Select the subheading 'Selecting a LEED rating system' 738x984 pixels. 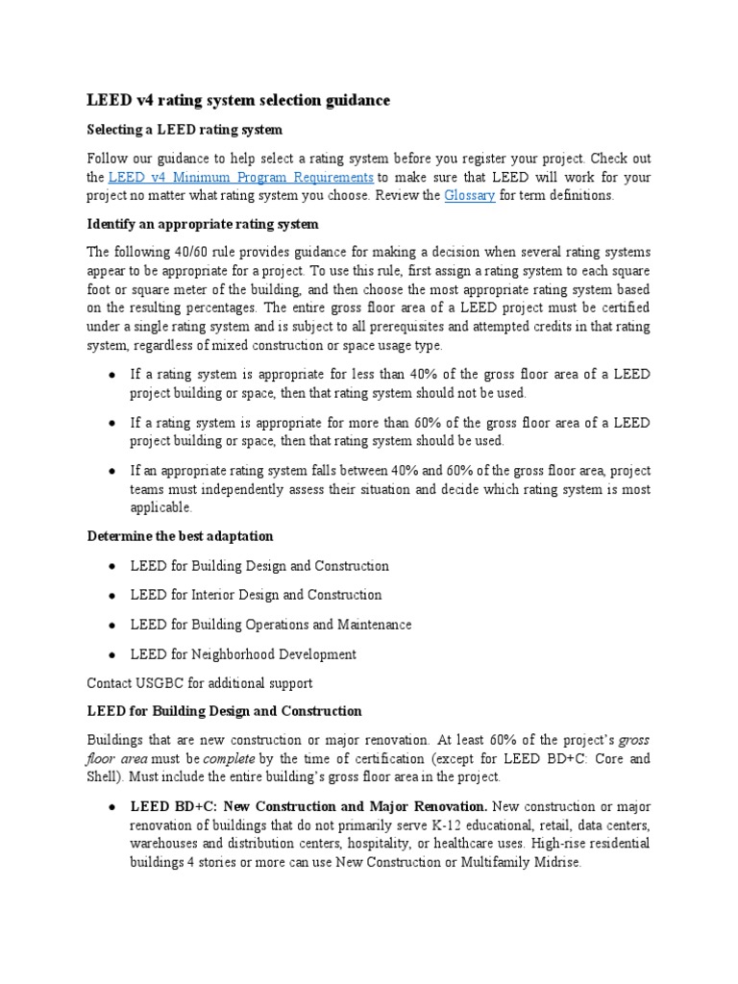pos(184,130)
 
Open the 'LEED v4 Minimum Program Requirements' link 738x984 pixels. pos(241,177)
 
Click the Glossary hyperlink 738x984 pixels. pos(469,195)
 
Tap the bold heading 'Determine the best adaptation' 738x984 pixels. pos(180,535)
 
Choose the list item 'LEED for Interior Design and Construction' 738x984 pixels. pos(256,595)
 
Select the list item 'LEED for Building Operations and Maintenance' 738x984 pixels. pos(271,625)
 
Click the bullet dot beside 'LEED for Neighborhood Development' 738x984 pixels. pos(112,654)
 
